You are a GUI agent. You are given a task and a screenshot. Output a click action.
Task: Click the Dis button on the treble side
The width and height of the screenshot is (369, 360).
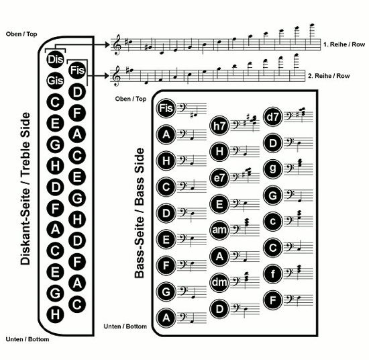point(55,59)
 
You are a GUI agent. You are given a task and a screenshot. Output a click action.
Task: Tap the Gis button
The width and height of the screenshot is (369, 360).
point(55,81)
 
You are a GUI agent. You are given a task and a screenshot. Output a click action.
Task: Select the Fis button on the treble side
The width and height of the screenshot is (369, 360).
point(77,70)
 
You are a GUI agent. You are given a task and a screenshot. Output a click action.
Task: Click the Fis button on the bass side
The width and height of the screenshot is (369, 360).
point(166,108)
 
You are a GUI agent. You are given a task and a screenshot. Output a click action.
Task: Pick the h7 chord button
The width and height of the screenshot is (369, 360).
point(219,126)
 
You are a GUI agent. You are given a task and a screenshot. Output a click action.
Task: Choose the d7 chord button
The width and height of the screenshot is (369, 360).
point(273,117)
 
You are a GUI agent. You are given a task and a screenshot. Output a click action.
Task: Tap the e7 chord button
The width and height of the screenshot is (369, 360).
point(219,178)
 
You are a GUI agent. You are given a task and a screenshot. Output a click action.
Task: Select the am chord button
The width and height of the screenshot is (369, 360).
point(219,230)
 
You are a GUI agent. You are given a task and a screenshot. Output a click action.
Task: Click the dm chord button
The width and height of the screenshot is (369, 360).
point(219,283)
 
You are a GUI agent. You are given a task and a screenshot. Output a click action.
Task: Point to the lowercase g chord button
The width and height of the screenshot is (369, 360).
point(273,169)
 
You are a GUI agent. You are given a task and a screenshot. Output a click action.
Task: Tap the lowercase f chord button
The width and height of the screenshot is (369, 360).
point(273,274)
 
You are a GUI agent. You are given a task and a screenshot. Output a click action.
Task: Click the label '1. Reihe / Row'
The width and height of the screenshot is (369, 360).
point(344,44)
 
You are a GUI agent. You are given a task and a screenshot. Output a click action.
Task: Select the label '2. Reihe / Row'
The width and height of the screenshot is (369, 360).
point(329,76)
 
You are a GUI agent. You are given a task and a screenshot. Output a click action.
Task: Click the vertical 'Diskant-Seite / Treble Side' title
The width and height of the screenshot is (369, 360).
point(25,189)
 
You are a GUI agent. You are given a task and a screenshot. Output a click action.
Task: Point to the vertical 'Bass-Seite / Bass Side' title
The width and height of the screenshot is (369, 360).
point(139,213)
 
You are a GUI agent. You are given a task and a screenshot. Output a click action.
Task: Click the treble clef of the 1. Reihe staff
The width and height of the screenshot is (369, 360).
point(117,44)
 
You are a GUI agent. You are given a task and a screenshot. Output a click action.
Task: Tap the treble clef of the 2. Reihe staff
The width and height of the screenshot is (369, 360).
point(117,76)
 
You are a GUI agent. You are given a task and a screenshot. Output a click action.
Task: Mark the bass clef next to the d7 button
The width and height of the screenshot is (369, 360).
point(288,116)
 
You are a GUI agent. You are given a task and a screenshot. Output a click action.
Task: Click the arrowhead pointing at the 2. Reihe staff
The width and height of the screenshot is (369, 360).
point(107,76)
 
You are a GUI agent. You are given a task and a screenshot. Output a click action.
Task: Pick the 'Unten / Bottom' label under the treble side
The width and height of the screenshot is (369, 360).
point(28,339)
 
